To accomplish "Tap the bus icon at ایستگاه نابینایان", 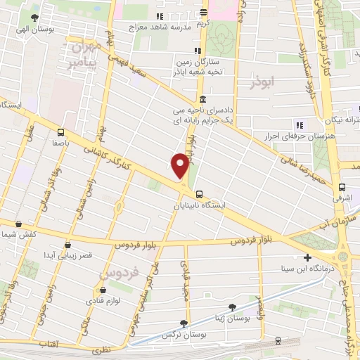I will [x=200, y=194].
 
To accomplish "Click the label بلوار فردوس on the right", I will [x=252, y=241].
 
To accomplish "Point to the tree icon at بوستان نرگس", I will [x=184, y=323].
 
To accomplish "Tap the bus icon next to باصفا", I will [x=60, y=131].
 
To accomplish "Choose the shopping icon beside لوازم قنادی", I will [x=103, y=290].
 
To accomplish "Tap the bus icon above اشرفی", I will [x=342, y=187].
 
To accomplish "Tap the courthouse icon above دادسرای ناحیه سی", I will [x=202, y=98].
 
